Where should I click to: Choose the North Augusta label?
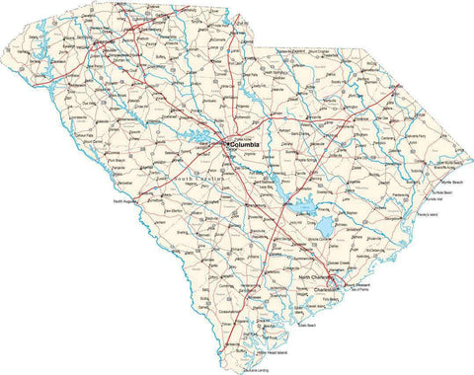(x=126, y=200)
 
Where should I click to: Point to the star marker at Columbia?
(x=225, y=144)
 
